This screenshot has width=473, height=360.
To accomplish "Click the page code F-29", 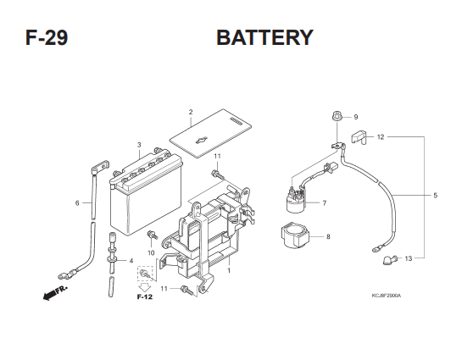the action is (x=47, y=37).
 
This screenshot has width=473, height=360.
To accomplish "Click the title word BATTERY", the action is (x=264, y=37).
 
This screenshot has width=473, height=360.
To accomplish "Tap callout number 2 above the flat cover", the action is (x=191, y=112).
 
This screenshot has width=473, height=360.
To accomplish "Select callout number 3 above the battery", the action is (x=139, y=145).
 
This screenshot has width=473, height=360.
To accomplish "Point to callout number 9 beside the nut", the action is (x=356, y=117).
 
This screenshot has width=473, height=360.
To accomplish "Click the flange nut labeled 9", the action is (x=337, y=116).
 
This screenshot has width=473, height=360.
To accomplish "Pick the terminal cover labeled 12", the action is (x=359, y=137).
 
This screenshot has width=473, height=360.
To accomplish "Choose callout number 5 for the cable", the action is (x=436, y=196).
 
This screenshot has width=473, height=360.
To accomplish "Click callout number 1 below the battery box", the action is (x=229, y=270).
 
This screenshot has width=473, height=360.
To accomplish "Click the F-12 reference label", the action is (x=145, y=297).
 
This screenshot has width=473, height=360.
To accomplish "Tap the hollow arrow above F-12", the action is (x=145, y=287).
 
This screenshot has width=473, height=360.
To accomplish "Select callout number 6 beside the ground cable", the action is (x=77, y=203).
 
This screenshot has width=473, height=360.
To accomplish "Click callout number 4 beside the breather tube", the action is (x=131, y=261).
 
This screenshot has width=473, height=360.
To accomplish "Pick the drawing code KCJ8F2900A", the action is (x=387, y=296).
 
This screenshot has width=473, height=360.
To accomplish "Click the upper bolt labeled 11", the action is (x=217, y=174).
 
